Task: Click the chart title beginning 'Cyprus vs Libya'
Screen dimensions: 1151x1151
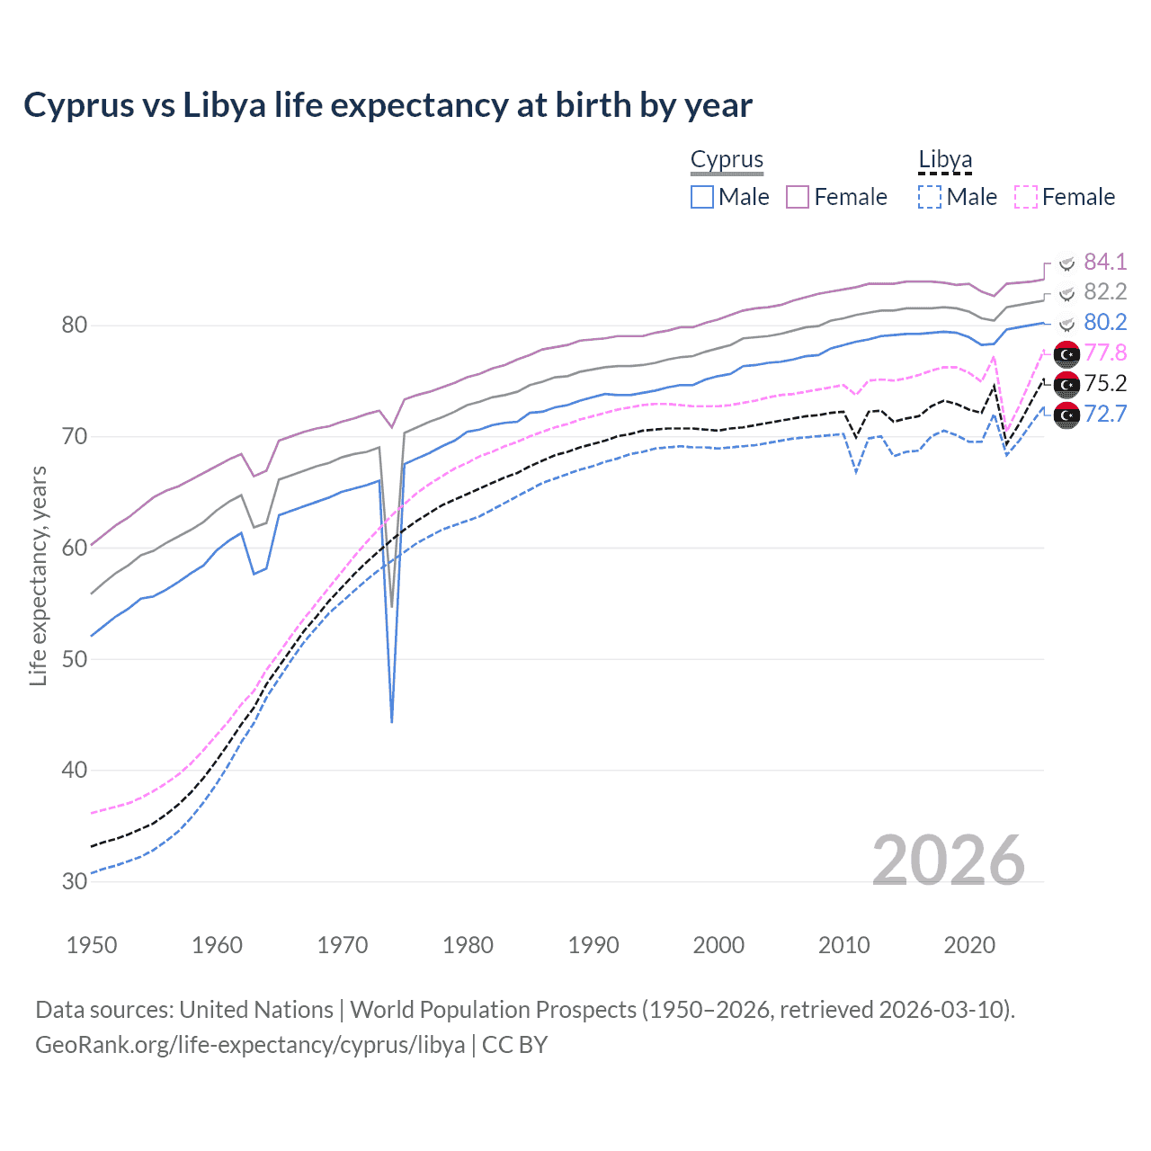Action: tap(388, 105)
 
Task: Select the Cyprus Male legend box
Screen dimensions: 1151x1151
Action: tap(702, 197)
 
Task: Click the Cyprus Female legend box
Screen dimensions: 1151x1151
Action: tap(798, 197)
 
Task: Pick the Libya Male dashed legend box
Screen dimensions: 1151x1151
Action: tap(930, 197)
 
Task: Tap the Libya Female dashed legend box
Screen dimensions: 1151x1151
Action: tap(1026, 197)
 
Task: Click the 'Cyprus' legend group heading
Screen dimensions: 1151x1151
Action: tap(727, 159)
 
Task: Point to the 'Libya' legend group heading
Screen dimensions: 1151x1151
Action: tap(945, 159)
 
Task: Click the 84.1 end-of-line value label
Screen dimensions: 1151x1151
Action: tap(1104, 262)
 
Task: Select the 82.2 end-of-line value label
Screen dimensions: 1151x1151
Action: tap(1104, 292)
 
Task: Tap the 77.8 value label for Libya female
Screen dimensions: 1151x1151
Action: tap(1104, 352)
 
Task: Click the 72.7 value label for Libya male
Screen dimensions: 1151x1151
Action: tap(1104, 414)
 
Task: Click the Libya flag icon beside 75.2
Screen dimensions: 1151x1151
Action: tap(1066, 384)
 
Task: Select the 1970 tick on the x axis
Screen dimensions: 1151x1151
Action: tap(343, 945)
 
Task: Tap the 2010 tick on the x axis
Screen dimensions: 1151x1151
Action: tap(843, 945)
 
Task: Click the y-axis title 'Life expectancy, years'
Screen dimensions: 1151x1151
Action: tap(38, 575)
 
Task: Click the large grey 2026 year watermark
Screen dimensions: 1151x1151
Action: tap(948, 861)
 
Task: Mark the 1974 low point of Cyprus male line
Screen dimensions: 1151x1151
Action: tap(392, 721)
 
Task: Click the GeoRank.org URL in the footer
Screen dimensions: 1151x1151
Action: tap(250, 1045)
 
